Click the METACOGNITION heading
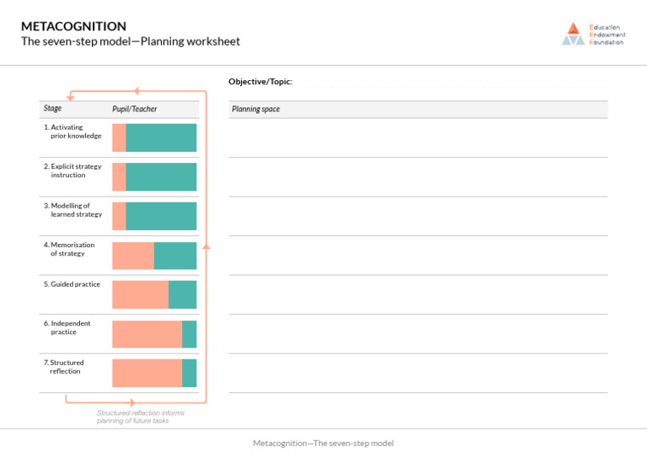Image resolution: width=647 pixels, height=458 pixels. pyautogui.click(x=73, y=26)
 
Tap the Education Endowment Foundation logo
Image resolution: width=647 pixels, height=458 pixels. pyautogui.click(x=593, y=34)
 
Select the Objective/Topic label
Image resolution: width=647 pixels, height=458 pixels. pyautogui.click(x=260, y=82)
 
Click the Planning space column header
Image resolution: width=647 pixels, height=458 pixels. pyautogui.click(x=255, y=110)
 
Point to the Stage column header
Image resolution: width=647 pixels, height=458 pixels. pyautogui.click(x=52, y=108)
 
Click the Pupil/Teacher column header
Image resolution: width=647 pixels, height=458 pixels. pyautogui.click(x=135, y=109)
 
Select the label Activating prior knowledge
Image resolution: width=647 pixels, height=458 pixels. pyautogui.click(x=73, y=132)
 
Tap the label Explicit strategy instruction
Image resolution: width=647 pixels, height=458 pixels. pyautogui.click(x=73, y=170)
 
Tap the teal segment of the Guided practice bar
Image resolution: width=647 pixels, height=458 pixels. pyautogui.click(x=182, y=294)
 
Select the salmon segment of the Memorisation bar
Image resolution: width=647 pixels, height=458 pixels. pyautogui.click(x=133, y=256)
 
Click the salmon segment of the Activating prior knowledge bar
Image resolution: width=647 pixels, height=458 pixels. pyautogui.click(x=119, y=137)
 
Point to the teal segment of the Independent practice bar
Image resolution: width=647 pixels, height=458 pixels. pyautogui.click(x=190, y=334)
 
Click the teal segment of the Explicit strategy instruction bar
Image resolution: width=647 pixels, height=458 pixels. pyautogui.click(x=161, y=176)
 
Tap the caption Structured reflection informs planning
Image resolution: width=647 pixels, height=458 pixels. pyautogui.click(x=140, y=417)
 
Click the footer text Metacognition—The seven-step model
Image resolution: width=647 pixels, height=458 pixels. pyautogui.click(x=323, y=444)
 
